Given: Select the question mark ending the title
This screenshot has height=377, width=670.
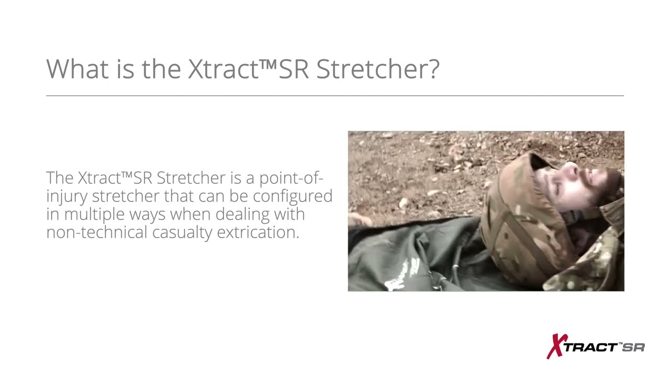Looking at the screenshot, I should point(433,69).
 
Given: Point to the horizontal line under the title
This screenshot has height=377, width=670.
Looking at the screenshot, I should point(335,96).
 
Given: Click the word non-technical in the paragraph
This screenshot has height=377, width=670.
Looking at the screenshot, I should point(97,232).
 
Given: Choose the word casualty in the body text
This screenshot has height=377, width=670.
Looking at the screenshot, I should point(182,232).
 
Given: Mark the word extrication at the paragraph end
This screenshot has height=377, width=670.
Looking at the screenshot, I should point(258,232).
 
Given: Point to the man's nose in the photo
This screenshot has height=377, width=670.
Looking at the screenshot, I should point(572,169).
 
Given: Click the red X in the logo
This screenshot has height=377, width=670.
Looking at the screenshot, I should point(555,346).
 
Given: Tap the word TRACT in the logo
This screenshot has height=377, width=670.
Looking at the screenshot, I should point(591,348).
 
